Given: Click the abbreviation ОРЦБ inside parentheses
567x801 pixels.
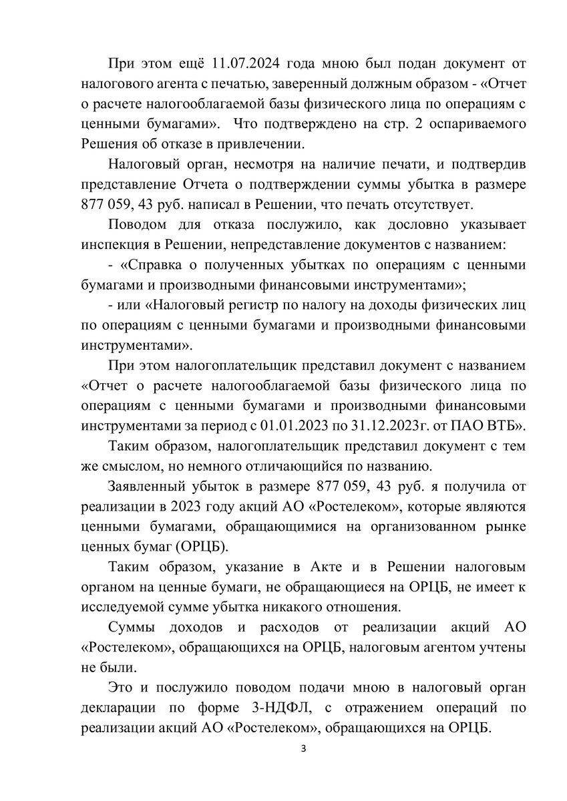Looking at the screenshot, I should [x=200, y=546].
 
